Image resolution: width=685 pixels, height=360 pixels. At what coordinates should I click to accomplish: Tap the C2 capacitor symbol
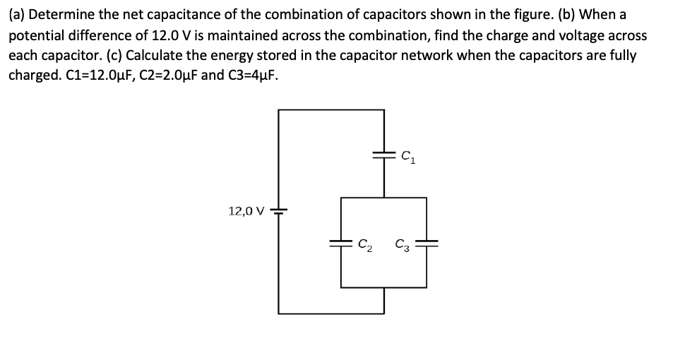pos(341,244)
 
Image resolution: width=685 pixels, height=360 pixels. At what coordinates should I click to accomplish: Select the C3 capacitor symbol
pos(427,244)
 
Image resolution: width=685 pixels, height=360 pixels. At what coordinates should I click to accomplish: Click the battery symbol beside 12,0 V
pos(279,210)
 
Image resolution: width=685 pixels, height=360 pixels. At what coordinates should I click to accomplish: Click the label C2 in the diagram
pos(365,245)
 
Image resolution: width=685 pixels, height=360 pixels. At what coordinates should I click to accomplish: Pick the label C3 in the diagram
pos(403,245)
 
